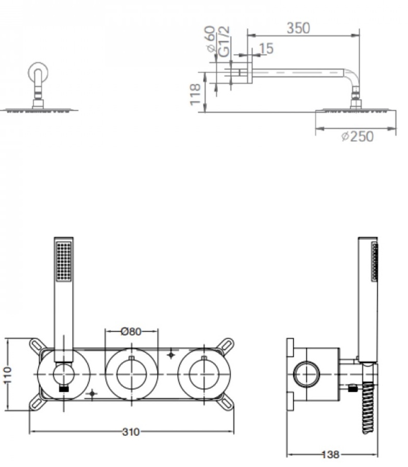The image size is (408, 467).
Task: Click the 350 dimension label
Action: (298, 28)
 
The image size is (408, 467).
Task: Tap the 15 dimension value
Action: (266, 48)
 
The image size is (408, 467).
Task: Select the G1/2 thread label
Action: (224, 41)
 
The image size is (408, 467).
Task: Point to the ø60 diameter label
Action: (210, 39)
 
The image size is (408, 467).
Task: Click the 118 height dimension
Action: (195, 94)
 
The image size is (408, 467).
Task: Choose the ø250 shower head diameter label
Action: (358, 137)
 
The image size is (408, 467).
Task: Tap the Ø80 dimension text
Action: (131, 331)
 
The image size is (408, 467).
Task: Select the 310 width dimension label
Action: (131, 432)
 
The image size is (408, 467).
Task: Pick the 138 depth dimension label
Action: (331, 455)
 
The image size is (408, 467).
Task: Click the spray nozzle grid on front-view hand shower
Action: (64, 261)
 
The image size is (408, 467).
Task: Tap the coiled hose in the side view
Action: (368, 408)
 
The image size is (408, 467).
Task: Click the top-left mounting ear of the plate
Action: (37, 346)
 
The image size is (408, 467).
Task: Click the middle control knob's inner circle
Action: (131, 374)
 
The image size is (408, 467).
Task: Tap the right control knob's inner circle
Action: (204, 374)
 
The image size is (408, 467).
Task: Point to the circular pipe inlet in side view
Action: (307, 374)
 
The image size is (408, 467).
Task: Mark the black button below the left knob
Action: (64, 388)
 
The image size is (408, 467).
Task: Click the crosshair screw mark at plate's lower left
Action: (92, 394)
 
